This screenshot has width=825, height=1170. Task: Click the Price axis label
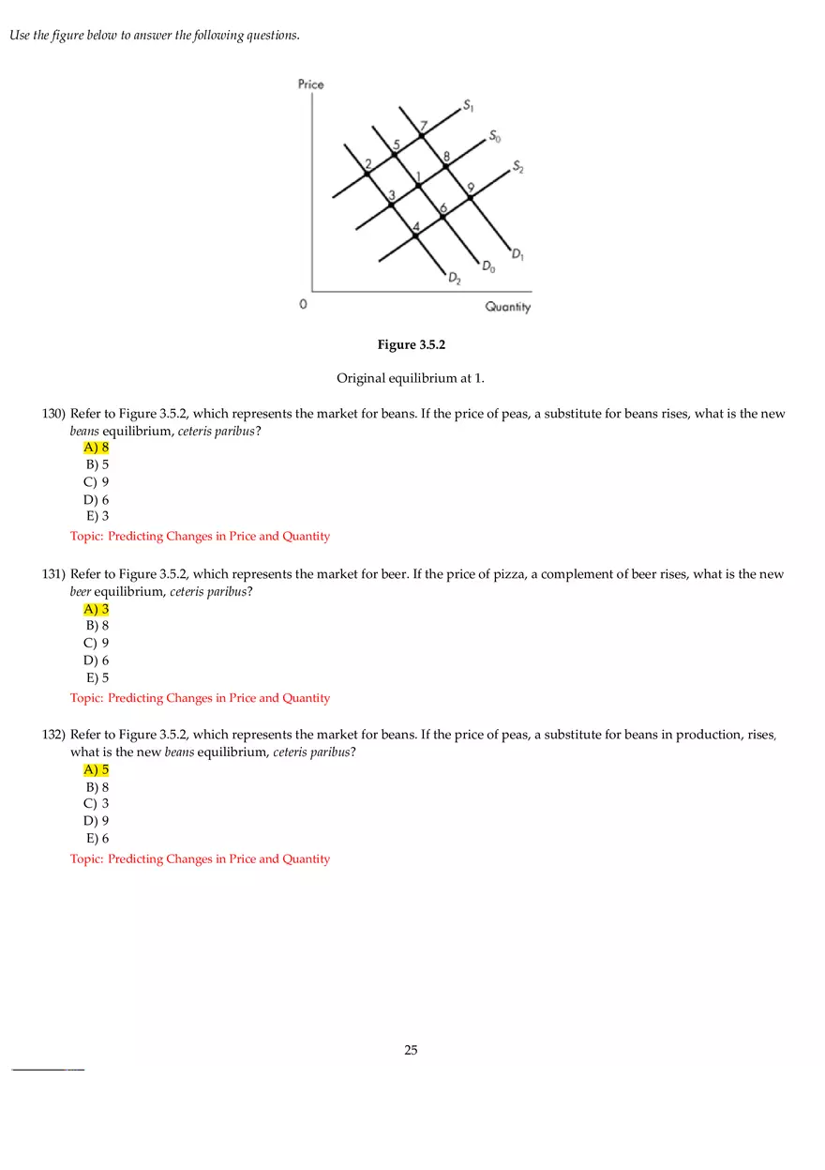point(310,84)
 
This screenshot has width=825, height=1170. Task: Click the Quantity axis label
point(507,307)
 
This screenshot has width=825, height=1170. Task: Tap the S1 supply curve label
point(468,104)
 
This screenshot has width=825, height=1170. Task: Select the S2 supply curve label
point(518,168)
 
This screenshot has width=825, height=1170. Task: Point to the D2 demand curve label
point(454,279)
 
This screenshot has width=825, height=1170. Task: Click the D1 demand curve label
point(517,253)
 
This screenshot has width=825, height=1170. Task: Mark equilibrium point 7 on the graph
point(421,136)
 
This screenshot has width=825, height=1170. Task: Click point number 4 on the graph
point(416,236)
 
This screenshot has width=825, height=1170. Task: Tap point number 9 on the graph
point(471,197)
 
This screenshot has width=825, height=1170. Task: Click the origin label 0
point(302,305)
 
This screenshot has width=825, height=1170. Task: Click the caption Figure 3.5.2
point(411,345)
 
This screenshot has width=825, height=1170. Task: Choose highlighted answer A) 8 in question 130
point(97,448)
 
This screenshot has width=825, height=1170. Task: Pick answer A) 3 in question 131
point(97,609)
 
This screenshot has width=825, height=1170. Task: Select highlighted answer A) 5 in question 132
point(97,770)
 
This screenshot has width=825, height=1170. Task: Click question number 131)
point(53,574)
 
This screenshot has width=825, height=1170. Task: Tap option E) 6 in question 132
point(97,839)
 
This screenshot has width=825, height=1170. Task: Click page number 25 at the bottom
point(411,1050)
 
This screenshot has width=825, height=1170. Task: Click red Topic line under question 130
point(200,537)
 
